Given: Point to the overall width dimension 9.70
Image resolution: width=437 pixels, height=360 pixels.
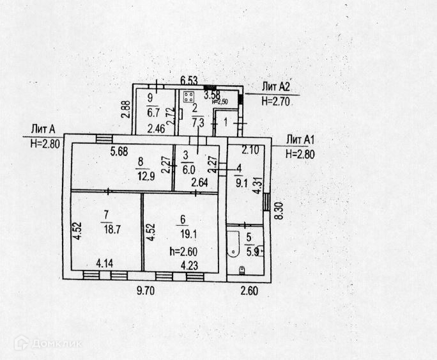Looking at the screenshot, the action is pos(149,290).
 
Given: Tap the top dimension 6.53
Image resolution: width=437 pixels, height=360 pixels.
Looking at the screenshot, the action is pos(188,80).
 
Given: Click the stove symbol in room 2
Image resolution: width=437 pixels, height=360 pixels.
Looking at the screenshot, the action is pos(189,98).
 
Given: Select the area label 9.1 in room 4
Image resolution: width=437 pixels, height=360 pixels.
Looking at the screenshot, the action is pos(240,178).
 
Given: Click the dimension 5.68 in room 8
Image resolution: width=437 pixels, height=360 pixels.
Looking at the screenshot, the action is pos(119,152).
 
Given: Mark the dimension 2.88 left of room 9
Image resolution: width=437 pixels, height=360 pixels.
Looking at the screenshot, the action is pos(126,110).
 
